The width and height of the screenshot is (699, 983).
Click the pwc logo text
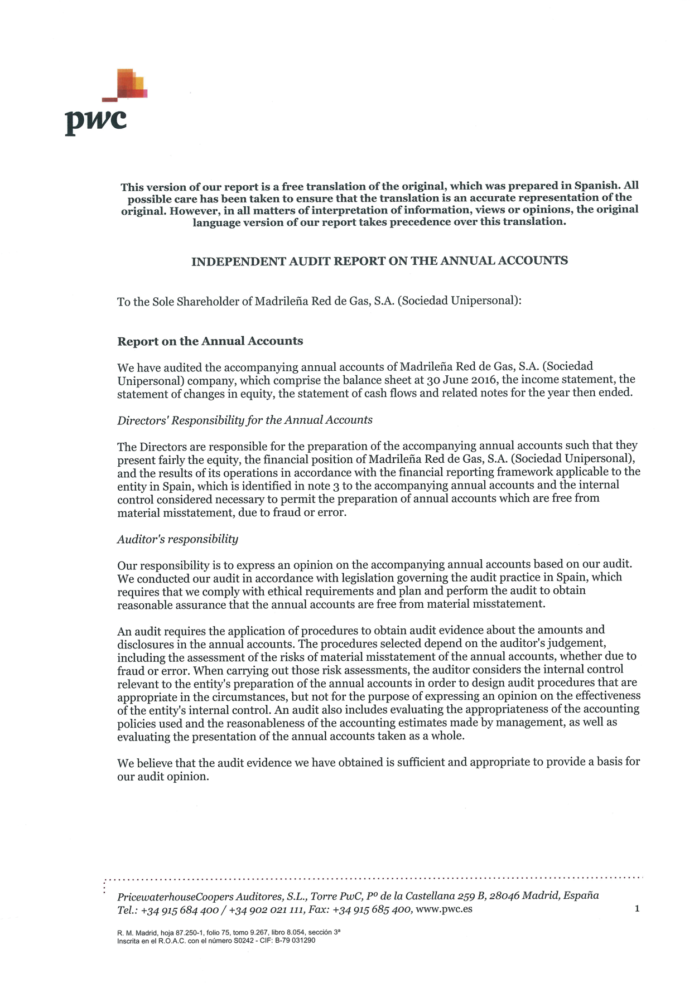click(95, 120)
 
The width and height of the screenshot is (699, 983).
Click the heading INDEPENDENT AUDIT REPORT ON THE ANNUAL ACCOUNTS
click(379, 261)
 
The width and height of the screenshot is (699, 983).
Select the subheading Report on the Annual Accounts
click(210, 341)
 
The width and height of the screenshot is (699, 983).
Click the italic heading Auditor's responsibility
click(177, 539)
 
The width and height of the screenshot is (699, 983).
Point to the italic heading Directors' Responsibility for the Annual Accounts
click(244, 420)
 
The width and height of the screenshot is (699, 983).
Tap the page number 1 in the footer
click(637, 909)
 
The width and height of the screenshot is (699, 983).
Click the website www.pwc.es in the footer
click(444, 909)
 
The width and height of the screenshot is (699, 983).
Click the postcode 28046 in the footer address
click(504, 895)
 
